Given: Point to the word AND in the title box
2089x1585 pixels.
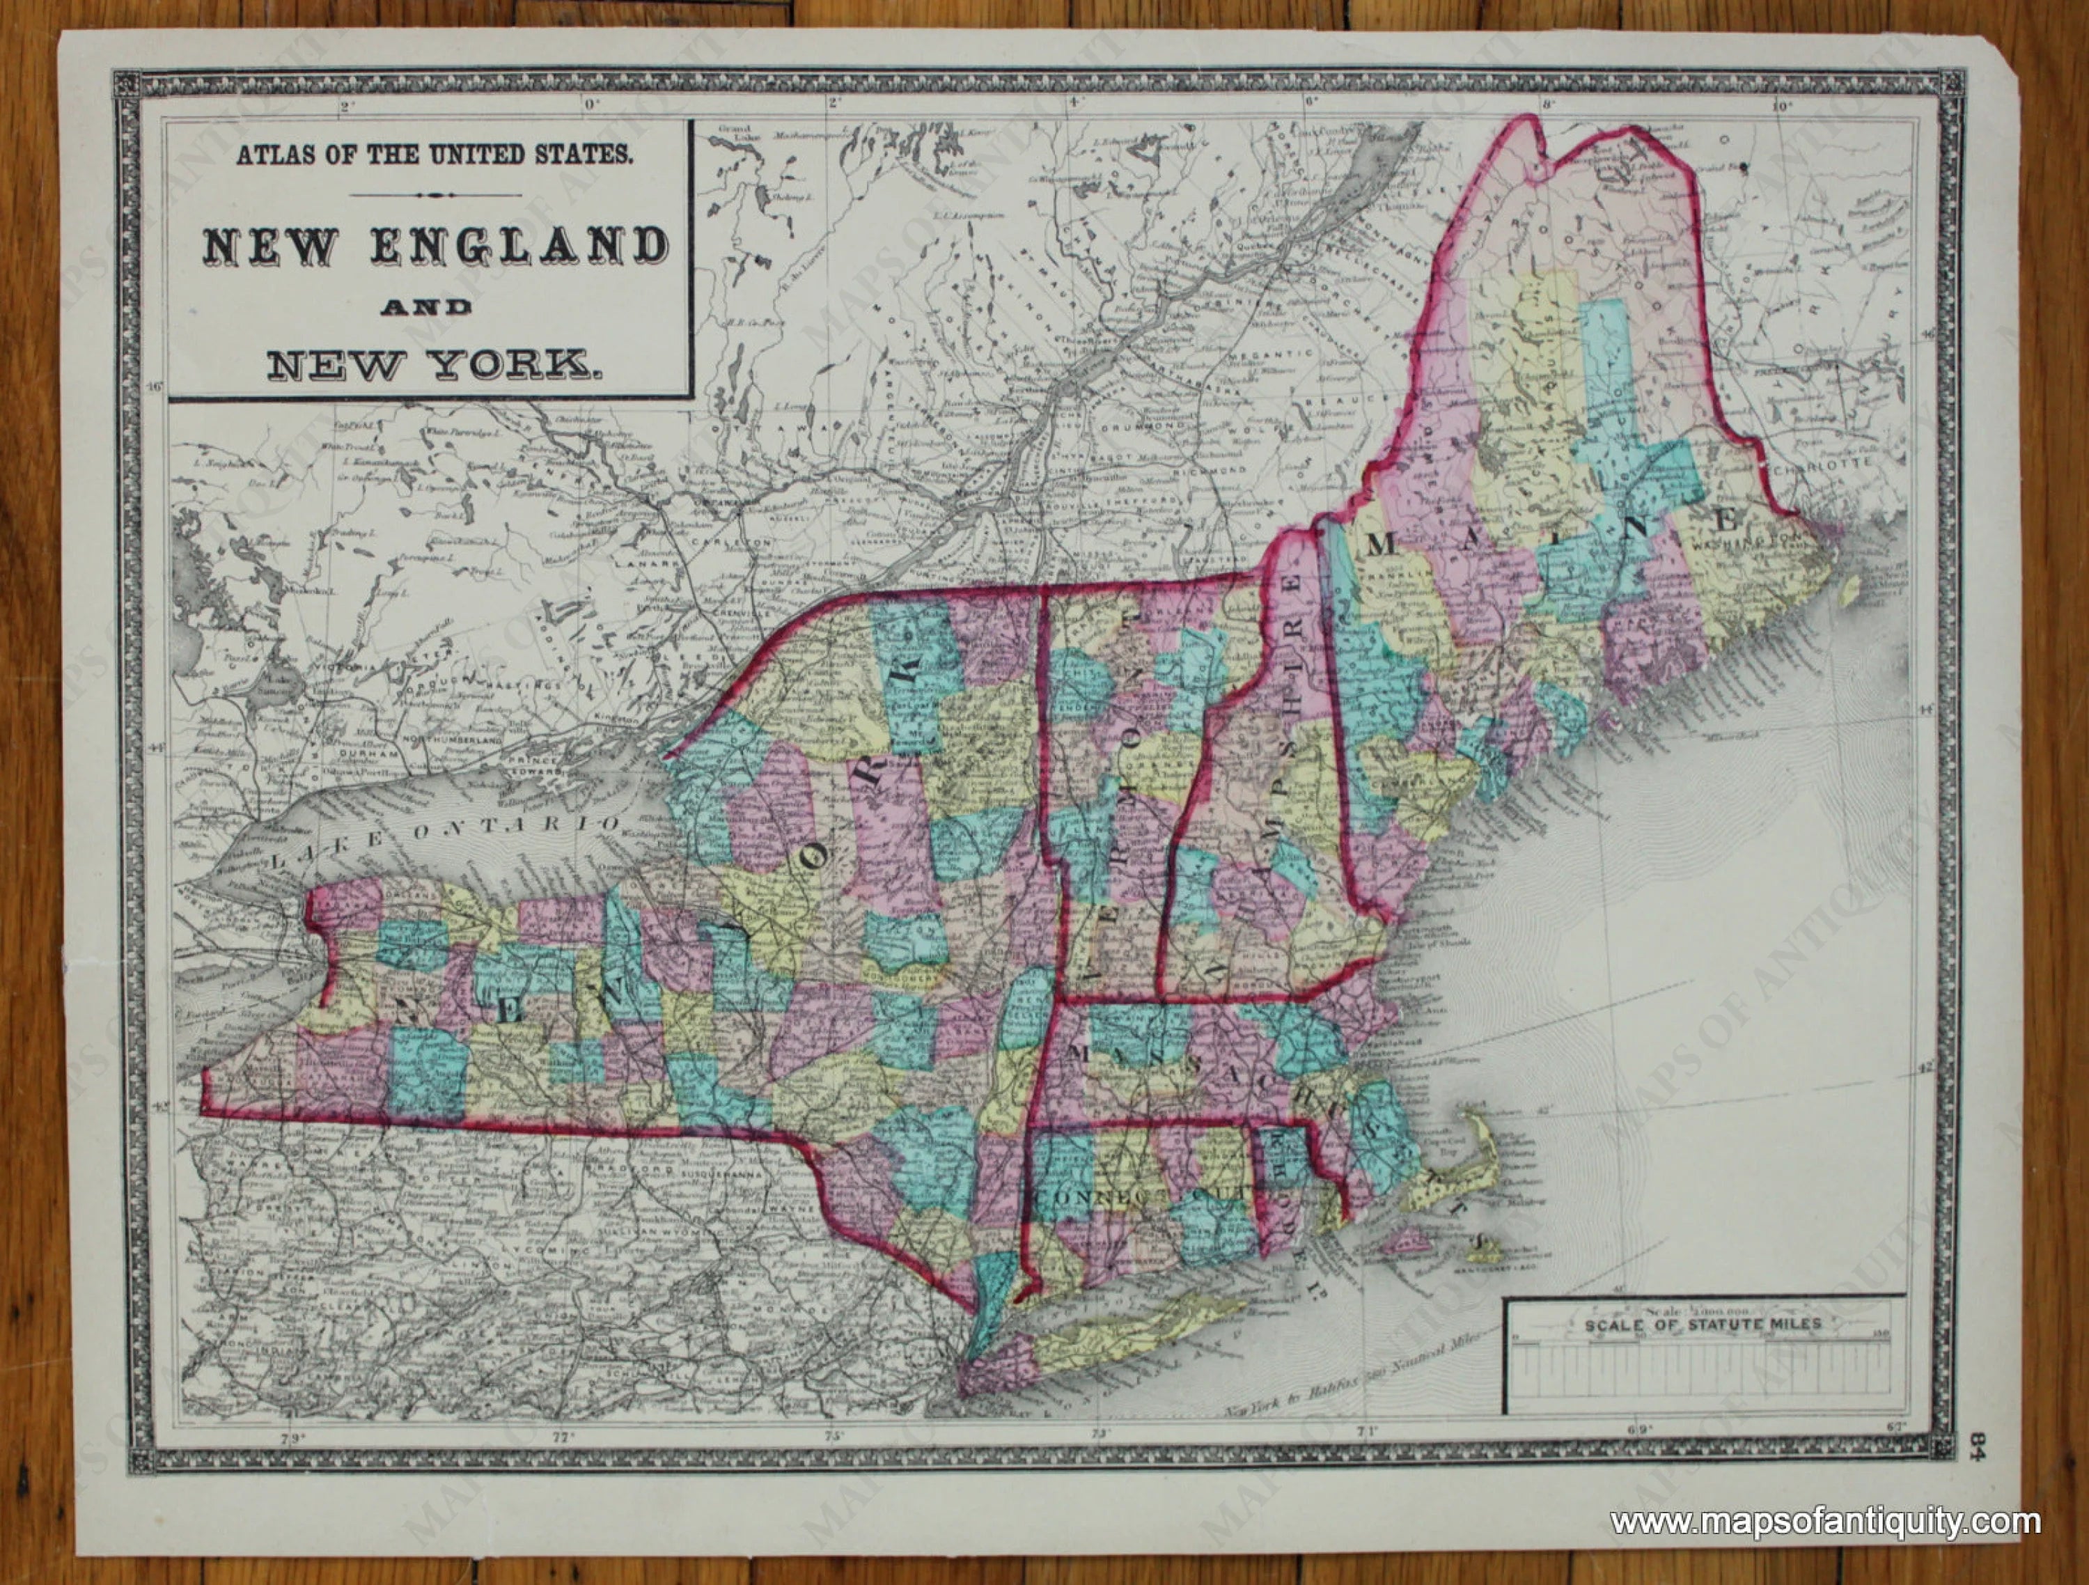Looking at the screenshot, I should click(x=427, y=307).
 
